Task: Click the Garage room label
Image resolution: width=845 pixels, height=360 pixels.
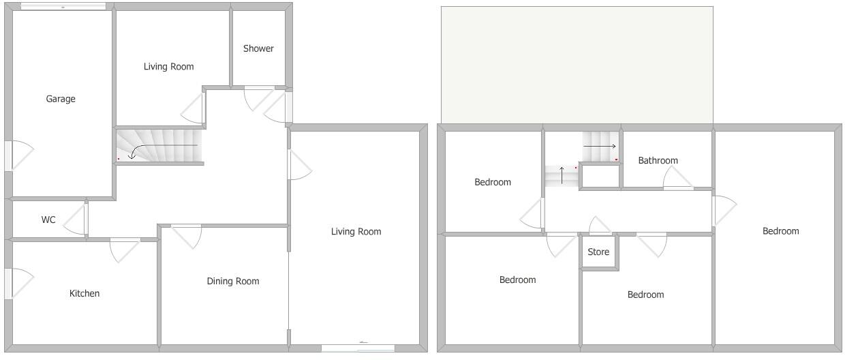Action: [x=61, y=99]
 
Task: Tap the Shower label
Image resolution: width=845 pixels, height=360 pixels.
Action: [x=258, y=48]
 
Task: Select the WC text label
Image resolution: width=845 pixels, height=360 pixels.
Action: [x=48, y=220]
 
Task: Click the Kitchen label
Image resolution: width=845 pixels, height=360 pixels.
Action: [x=84, y=293]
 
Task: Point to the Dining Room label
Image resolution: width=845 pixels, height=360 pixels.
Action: [x=233, y=281]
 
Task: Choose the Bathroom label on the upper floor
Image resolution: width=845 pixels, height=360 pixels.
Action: [x=658, y=160]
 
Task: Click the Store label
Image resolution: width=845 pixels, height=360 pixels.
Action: [x=598, y=252]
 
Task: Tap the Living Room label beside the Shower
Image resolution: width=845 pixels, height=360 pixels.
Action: [x=168, y=66]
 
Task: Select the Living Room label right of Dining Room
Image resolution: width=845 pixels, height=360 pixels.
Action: [x=356, y=231]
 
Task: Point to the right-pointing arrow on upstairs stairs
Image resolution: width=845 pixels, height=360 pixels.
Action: [x=600, y=147]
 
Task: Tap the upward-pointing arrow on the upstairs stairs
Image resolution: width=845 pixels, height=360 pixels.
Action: [x=562, y=175]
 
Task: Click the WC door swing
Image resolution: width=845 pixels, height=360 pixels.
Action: [x=76, y=220]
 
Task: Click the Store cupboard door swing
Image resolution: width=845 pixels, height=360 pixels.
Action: [x=600, y=226]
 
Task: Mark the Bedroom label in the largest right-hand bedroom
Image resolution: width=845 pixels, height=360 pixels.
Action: [x=780, y=231]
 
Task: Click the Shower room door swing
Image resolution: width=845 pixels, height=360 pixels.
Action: [x=258, y=99]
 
